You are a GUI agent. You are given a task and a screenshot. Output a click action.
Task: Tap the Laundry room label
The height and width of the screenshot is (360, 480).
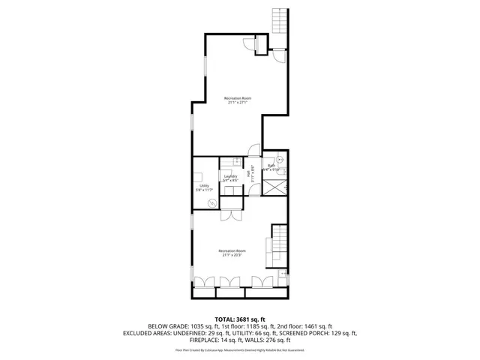(x=230, y=178)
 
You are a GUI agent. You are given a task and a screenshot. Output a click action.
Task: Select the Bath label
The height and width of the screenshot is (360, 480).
(x=271, y=167)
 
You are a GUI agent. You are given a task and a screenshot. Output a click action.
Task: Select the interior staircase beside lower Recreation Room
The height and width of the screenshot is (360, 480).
(x=280, y=242)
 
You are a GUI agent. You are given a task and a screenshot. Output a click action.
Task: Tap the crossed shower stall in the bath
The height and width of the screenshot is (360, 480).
(x=277, y=186)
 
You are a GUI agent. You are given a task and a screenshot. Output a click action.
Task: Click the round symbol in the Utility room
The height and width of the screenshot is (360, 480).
(x=211, y=202)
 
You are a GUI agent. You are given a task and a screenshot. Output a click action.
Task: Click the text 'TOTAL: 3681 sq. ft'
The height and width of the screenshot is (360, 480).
(x=240, y=318)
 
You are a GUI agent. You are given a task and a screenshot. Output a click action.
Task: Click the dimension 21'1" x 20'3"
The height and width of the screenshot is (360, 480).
(x=231, y=255)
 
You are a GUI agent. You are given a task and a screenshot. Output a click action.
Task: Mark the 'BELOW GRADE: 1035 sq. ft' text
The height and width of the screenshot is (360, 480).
(x=183, y=326)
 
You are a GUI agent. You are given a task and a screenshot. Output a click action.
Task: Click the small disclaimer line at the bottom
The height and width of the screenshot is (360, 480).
(x=240, y=349)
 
